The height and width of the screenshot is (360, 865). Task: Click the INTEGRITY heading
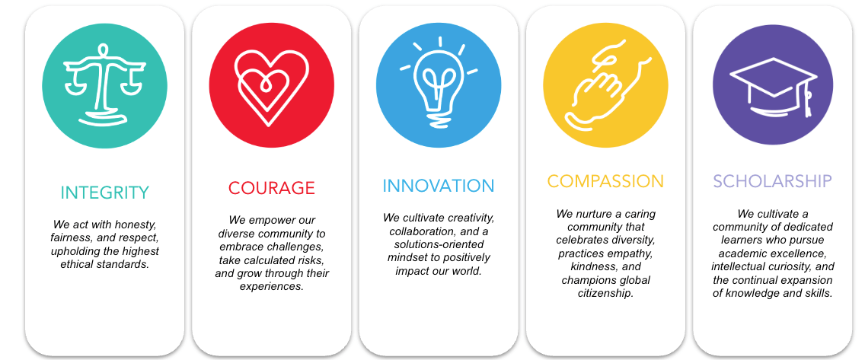coord(104,192)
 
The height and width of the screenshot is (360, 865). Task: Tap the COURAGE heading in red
coord(271,187)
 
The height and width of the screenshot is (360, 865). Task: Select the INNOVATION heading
coord(438,186)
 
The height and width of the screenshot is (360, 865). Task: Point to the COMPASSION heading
coord(605,181)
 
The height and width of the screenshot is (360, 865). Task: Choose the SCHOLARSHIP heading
coord(772,181)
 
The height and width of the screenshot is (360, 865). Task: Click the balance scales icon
coord(104,84)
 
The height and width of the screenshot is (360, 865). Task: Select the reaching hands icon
coord(605,85)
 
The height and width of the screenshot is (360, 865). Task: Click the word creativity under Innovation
coord(469,218)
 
